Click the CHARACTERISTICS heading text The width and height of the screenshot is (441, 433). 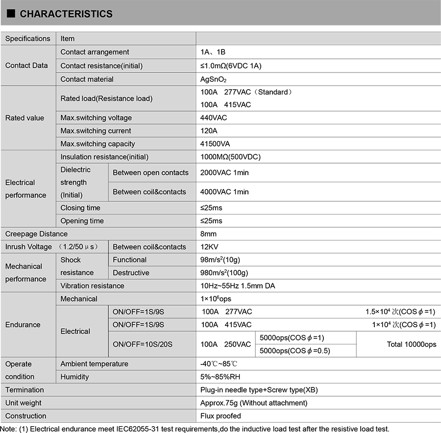coord(66,14)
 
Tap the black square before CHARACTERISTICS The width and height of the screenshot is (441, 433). coord(11,14)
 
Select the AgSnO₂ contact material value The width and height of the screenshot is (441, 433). coord(214,79)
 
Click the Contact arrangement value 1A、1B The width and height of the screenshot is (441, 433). coord(213,52)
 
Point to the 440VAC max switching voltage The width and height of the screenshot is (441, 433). coord(214,118)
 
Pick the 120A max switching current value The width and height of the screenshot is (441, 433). coord(209,131)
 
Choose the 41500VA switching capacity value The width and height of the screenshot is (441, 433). coord(216,144)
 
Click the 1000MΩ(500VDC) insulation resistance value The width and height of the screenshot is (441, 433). coord(230,157)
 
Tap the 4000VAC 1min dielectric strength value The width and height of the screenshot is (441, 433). coord(224,192)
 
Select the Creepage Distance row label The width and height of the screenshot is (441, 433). coord(37,234)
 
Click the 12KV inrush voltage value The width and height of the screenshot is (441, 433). coord(210,247)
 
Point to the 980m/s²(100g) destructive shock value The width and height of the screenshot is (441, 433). coord(227,273)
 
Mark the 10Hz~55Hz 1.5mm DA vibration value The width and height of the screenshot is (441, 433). coord(238,286)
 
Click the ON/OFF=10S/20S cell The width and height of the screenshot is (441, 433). coord(143,344)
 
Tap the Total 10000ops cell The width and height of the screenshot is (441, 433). coord(411,344)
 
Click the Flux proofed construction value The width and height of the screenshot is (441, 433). coord(221,416)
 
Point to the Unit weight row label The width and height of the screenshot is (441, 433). coord(24,403)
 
